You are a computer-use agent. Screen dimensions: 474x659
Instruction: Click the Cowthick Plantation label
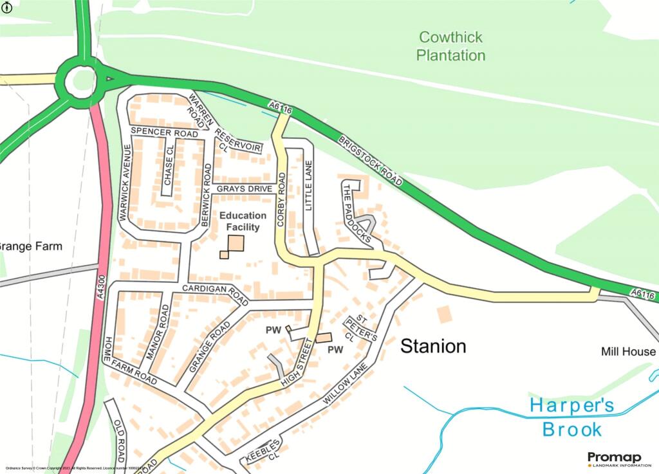pyautogui.click(x=450, y=46)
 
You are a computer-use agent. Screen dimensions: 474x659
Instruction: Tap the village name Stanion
pyautogui.click(x=433, y=347)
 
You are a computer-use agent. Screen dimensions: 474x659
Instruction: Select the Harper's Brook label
pyautogui.click(x=571, y=417)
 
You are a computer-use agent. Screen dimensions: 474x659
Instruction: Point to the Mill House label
pyautogui.click(x=628, y=352)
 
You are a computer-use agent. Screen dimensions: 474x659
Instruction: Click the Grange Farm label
pyautogui.click(x=30, y=246)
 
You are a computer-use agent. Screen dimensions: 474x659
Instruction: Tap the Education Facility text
pyautogui.click(x=243, y=221)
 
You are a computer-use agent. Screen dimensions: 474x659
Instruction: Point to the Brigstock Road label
pyautogui.click(x=369, y=161)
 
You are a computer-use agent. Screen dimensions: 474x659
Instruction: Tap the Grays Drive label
pyautogui.click(x=245, y=189)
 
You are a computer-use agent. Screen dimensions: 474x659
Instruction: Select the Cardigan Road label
pyautogui.click(x=215, y=294)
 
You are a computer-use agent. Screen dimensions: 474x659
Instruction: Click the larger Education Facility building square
pyautogui.click(x=236, y=243)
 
